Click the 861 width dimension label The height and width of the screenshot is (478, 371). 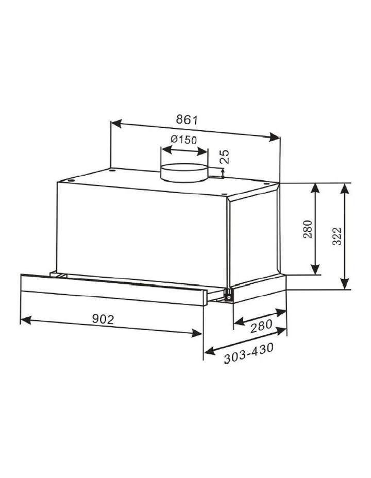188,120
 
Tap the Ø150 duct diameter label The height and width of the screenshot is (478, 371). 183,140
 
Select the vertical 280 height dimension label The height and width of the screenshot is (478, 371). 307,230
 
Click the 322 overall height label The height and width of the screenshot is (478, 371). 337,235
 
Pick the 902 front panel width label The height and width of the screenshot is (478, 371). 103,320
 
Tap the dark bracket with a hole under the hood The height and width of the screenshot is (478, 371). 227,295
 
